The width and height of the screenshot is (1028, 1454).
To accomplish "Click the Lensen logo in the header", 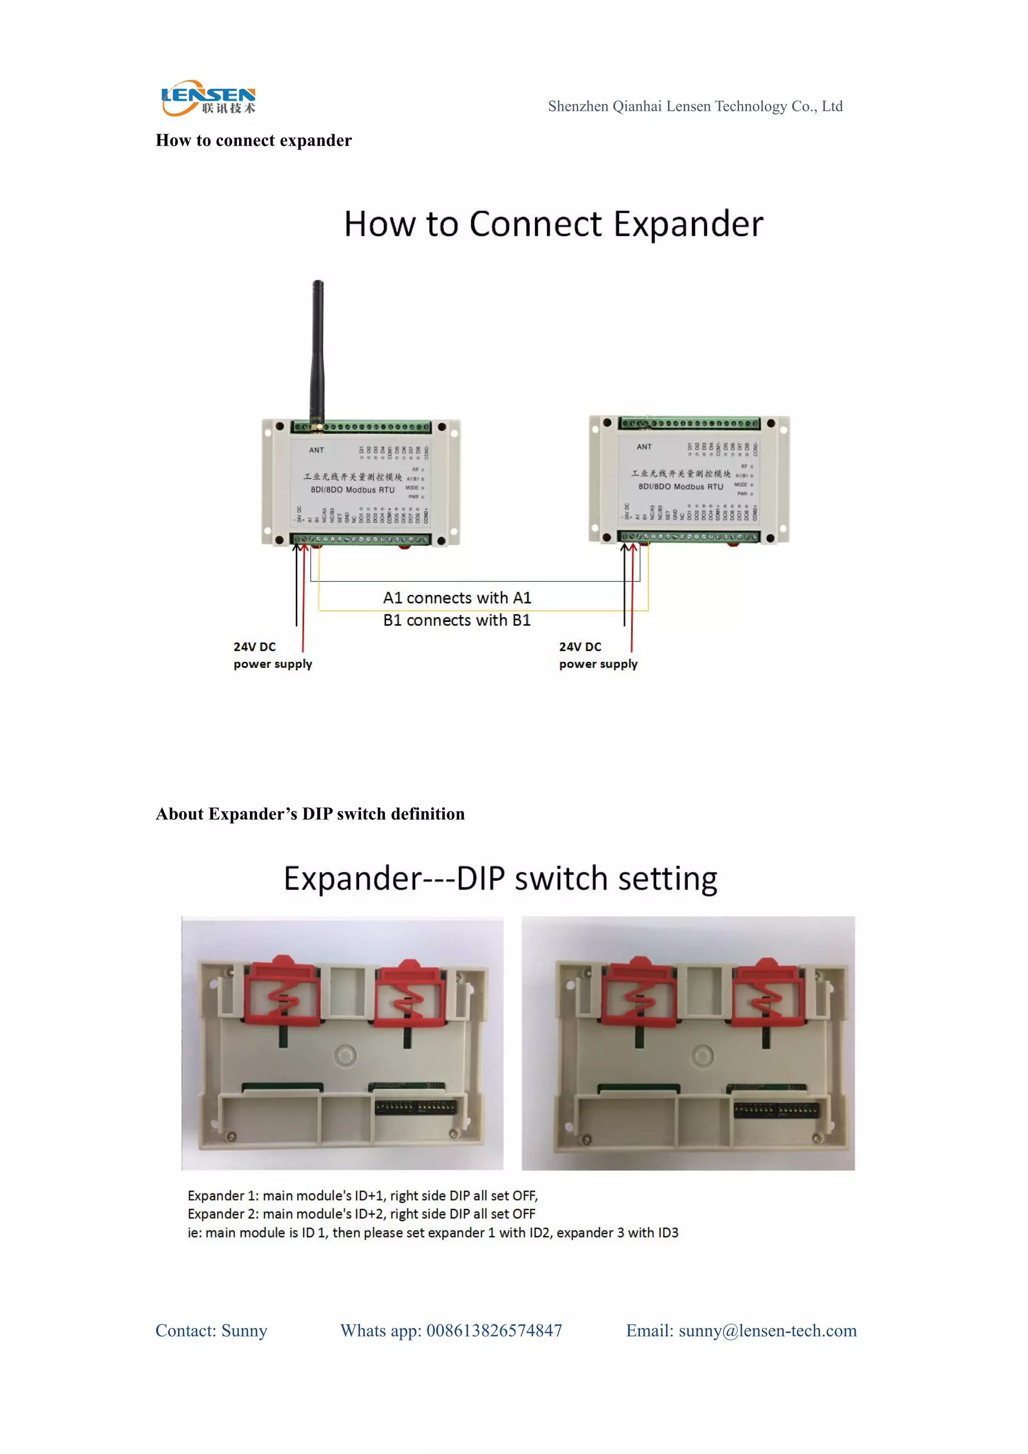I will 208,99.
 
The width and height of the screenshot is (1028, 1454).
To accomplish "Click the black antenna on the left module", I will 317,351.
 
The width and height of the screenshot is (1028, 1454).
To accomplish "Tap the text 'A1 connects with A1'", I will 457,598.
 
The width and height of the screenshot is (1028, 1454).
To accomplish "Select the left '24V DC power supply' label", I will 272,655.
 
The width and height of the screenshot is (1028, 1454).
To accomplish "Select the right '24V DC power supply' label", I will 597,655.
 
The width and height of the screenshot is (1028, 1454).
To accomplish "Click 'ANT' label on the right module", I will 644,446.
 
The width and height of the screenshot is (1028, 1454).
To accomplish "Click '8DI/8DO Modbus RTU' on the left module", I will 352,490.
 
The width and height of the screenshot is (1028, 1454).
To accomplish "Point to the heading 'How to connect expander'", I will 253,140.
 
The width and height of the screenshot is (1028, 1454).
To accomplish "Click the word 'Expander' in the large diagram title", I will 688,224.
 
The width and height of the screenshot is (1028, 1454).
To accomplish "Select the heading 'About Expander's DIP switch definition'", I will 310,814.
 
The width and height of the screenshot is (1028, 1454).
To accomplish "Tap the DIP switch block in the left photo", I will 415,1108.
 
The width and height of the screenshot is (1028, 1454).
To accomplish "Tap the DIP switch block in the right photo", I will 776,1110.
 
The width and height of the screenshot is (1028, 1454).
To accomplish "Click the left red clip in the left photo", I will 282,992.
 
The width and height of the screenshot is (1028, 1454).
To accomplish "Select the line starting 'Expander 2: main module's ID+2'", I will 361,1214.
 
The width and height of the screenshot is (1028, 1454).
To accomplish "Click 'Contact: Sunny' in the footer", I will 211,1330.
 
